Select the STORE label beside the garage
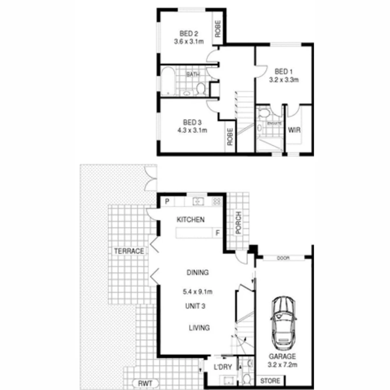[270, 381]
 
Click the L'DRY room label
[223, 368]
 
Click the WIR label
[294, 130]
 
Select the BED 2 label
[188, 34]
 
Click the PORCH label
[238, 222]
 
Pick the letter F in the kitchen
[217, 233]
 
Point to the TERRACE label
[129, 251]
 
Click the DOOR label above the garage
[283, 258]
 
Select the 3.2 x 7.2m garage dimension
[282, 365]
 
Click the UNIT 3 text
[195, 306]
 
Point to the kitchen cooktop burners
[217, 201]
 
